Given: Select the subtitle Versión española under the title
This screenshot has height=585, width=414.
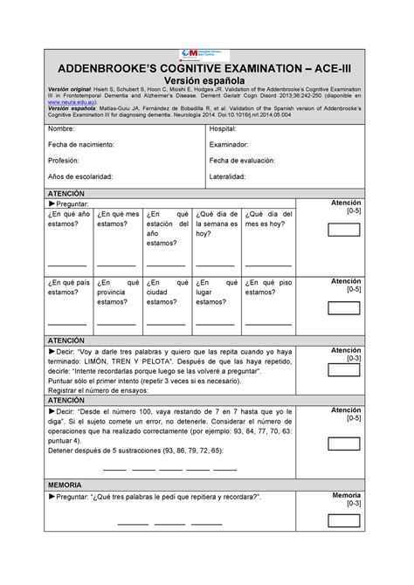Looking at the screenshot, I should (206, 85).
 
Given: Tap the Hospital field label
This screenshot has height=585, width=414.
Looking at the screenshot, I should (224, 129).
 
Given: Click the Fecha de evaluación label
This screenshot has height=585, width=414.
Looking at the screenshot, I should (242, 160).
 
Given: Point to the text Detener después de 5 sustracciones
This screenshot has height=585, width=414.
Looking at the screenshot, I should (135, 450).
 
